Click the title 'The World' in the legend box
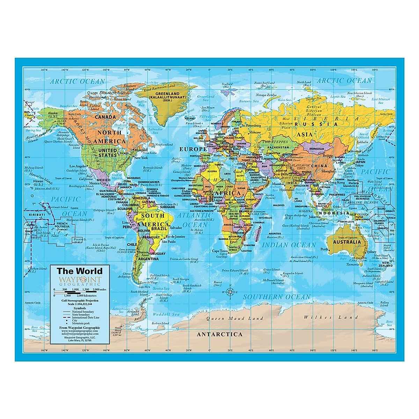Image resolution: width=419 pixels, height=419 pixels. click(80, 271)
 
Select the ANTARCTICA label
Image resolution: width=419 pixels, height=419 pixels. click(219, 334)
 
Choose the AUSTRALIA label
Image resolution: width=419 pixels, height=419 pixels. click(347, 242)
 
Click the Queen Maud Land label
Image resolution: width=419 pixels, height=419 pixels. click(235, 318)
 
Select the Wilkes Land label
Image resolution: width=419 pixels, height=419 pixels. click(331, 317)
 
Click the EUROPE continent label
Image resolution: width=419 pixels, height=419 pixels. click(193, 149)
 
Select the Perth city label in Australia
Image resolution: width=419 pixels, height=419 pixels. click(324, 249)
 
